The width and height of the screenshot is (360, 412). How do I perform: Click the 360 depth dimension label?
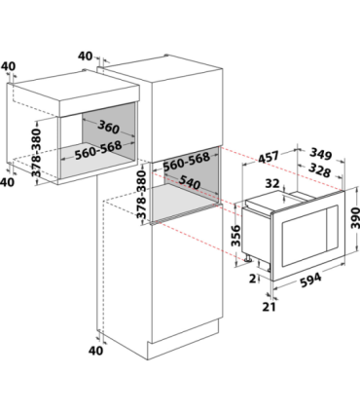tap(108, 127)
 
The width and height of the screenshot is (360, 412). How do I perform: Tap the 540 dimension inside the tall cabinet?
tap(190, 182)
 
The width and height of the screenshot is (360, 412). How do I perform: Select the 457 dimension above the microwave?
tap(269, 157)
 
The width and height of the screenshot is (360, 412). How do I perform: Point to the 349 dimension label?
tap(321, 154)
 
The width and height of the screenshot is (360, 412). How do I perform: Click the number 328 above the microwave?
tap(319, 169)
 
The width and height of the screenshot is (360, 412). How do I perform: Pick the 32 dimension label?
tap(272, 183)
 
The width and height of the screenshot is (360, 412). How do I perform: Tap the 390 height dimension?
tap(355, 217)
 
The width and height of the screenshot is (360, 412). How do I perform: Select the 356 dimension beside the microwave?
tap(236, 236)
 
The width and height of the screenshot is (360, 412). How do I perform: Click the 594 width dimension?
tap(310, 280)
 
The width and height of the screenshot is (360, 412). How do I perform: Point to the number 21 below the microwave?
tap(269, 307)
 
